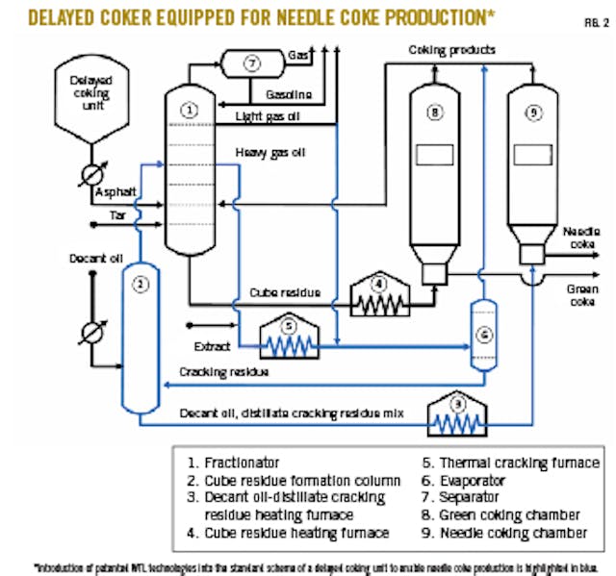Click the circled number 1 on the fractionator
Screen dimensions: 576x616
pyautogui.click(x=191, y=111)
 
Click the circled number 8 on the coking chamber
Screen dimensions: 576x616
pyautogui.click(x=435, y=113)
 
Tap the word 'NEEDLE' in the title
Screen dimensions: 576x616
pyautogui.click(x=338, y=16)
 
